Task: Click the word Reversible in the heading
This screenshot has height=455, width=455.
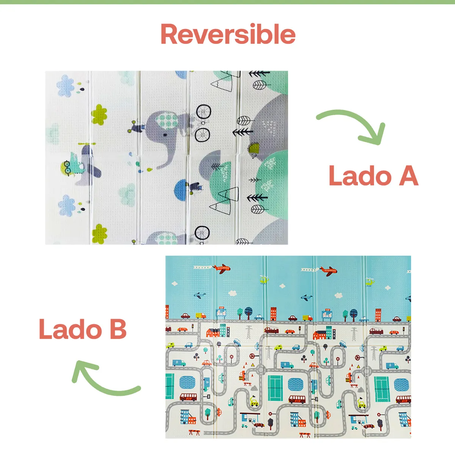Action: [228, 34]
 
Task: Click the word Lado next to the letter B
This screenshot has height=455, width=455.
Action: [70, 328]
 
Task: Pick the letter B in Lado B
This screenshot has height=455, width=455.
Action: [118, 328]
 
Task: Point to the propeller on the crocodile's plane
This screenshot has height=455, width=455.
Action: [87, 143]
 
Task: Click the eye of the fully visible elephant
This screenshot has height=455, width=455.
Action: [166, 135]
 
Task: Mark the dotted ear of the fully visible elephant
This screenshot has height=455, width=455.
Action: [169, 121]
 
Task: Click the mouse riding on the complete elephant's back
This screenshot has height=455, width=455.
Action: [135, 127]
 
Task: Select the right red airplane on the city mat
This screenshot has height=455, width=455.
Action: [328, 271]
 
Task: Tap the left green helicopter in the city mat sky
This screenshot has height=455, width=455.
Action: [264, 279]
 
